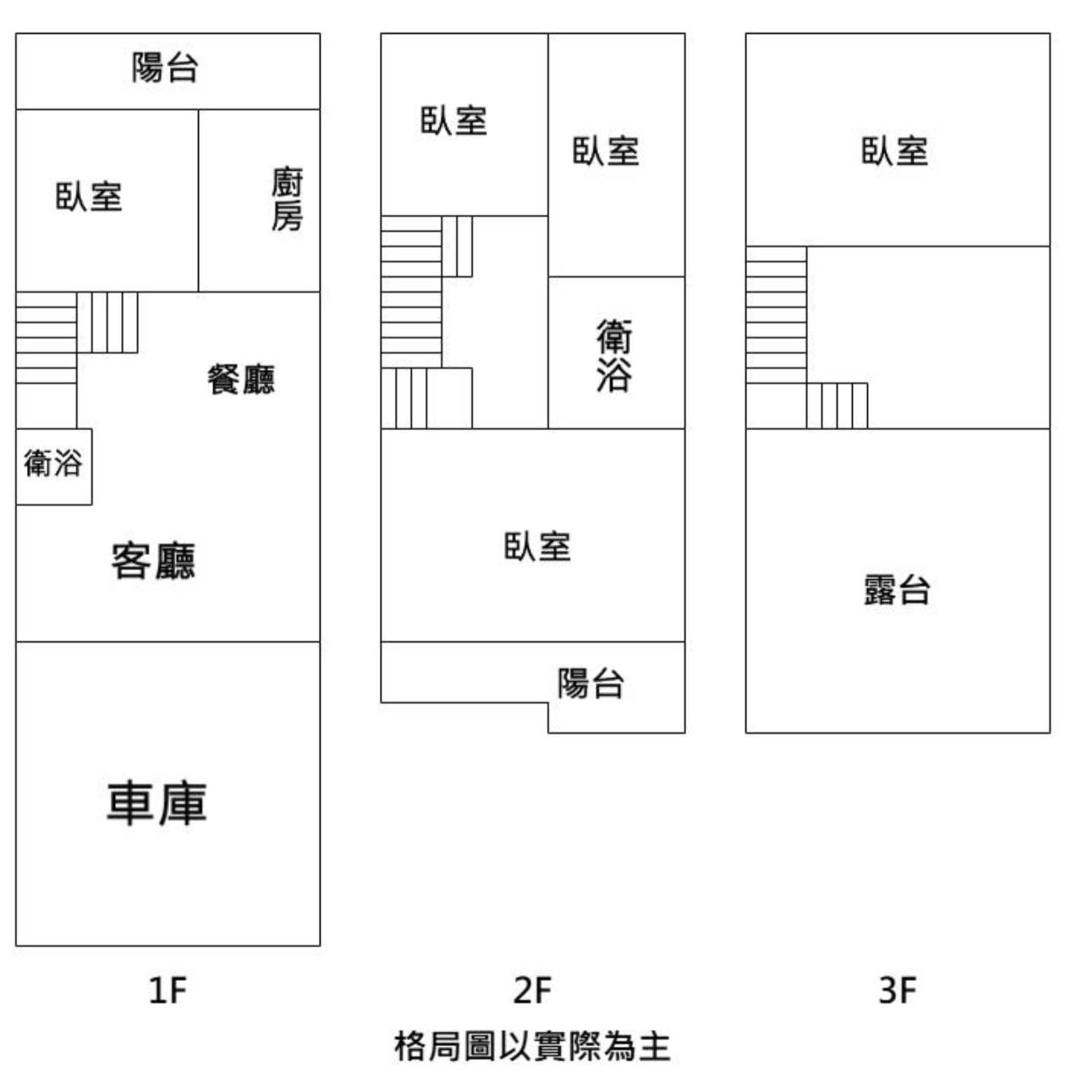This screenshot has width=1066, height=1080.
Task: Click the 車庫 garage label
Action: [157, 803]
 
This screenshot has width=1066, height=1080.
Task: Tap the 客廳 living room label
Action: [153, 560]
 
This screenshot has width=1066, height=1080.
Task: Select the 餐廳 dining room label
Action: [242, 379]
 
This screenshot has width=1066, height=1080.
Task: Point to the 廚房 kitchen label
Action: [287, 198]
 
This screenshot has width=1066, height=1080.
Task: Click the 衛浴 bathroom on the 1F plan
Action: [53, 463]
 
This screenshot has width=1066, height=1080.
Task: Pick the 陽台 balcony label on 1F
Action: [165, 68]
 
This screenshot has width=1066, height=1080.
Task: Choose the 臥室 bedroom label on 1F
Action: [89, 196]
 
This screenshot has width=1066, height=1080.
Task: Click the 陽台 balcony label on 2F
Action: [591, 683]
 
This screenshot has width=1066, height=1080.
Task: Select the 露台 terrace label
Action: [898, 590]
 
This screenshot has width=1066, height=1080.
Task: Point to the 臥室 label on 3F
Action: [895, 151]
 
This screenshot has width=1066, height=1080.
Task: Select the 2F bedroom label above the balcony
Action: [537, 547]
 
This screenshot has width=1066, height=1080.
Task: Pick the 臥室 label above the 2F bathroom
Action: [606, 151]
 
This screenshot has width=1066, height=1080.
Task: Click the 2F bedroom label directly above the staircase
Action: [454, 120]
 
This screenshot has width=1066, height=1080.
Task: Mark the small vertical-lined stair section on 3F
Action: [838, 405]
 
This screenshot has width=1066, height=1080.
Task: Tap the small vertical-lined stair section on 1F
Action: [107, 322]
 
